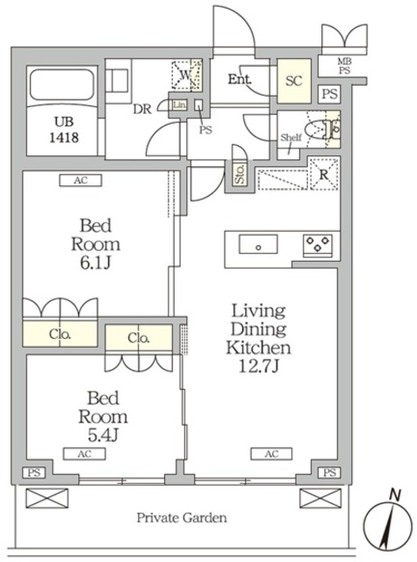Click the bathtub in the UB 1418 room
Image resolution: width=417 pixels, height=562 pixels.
(62, 84)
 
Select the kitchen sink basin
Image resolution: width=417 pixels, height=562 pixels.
(258, 244)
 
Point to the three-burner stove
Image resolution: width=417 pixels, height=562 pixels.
(318, 244)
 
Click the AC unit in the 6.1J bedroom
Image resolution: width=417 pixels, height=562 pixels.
(81, 180)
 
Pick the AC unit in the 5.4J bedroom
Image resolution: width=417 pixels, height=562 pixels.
(84, 454)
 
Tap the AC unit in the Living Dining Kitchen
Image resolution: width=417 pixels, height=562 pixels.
(271, 454)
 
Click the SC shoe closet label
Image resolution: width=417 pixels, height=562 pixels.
(294, 81)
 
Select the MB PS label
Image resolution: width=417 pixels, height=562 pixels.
(344, 67)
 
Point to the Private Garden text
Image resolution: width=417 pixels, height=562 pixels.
(182, 518)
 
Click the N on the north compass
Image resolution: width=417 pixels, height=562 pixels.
(395, 495)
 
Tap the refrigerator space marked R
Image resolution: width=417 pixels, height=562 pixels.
(324, 174)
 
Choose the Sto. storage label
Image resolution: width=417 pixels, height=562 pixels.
(240, 174)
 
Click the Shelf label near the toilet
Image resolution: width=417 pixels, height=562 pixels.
(291, 137)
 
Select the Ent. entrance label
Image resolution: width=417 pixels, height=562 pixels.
(240, 79)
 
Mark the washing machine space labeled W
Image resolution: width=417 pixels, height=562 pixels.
(186, 75)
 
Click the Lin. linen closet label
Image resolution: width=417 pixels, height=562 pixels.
(179, 105)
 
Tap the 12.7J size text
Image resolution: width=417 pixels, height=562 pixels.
(259, 366)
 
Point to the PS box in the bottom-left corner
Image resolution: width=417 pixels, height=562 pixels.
(34, 472)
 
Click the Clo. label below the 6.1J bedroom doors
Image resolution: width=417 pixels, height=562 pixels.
(60, 335)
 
